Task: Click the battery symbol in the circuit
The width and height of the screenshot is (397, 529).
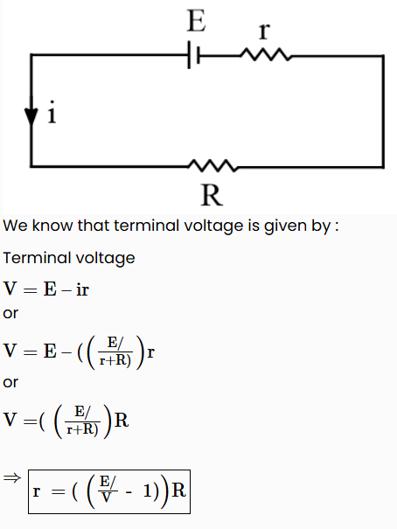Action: point(194,55)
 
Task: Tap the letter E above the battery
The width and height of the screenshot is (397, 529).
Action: point(196,21)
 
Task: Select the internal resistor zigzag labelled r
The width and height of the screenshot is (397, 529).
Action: point(266,55)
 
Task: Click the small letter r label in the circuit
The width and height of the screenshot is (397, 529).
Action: point(265,31)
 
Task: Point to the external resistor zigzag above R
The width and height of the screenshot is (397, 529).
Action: point(213,165)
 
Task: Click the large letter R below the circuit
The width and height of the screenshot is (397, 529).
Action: point(212,195)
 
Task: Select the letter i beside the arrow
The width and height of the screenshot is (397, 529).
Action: point(52,112)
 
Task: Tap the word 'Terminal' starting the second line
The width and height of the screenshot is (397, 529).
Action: point(37,258)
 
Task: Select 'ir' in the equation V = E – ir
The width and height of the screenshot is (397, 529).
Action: point(82,289)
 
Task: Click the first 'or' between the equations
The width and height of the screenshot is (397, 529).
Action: point(10,314)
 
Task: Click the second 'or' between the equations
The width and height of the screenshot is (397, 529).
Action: point(10,383)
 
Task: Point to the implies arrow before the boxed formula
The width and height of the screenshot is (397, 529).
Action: point(12,477)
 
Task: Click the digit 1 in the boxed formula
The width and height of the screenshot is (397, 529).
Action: point(148,491)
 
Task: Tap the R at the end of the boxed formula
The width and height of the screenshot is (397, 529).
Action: point(178,491)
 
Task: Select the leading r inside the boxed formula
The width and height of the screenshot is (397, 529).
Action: point(37,491)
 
